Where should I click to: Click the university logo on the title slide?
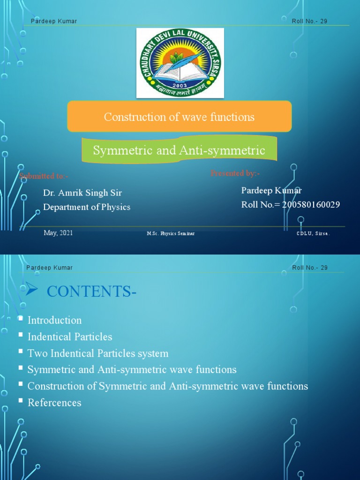pos(180,63)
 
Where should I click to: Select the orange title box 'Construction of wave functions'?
pos(180,116)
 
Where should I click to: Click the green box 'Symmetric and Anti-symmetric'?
pos(179,150)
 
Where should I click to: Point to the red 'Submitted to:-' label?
pos(44,176)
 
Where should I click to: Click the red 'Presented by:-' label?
pos(235,173)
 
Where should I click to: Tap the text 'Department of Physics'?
pos(87,207)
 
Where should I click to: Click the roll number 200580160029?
pos(311,204)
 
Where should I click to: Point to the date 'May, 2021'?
pos(58,233)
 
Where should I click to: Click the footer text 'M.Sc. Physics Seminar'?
pos(171,233)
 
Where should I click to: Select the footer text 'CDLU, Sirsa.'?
pos(313,233)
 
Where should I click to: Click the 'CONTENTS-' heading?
pos(92,292)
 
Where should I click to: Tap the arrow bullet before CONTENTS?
pos(32,291)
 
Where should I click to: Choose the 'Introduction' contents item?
pos(54,321)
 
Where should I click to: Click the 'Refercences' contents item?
pos(54,403)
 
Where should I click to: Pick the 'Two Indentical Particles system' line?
pos(98,353)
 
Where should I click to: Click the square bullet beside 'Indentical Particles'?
pos(21,335)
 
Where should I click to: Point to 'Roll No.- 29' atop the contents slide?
pos(310,268)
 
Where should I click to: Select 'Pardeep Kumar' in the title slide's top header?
pos(54,21)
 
